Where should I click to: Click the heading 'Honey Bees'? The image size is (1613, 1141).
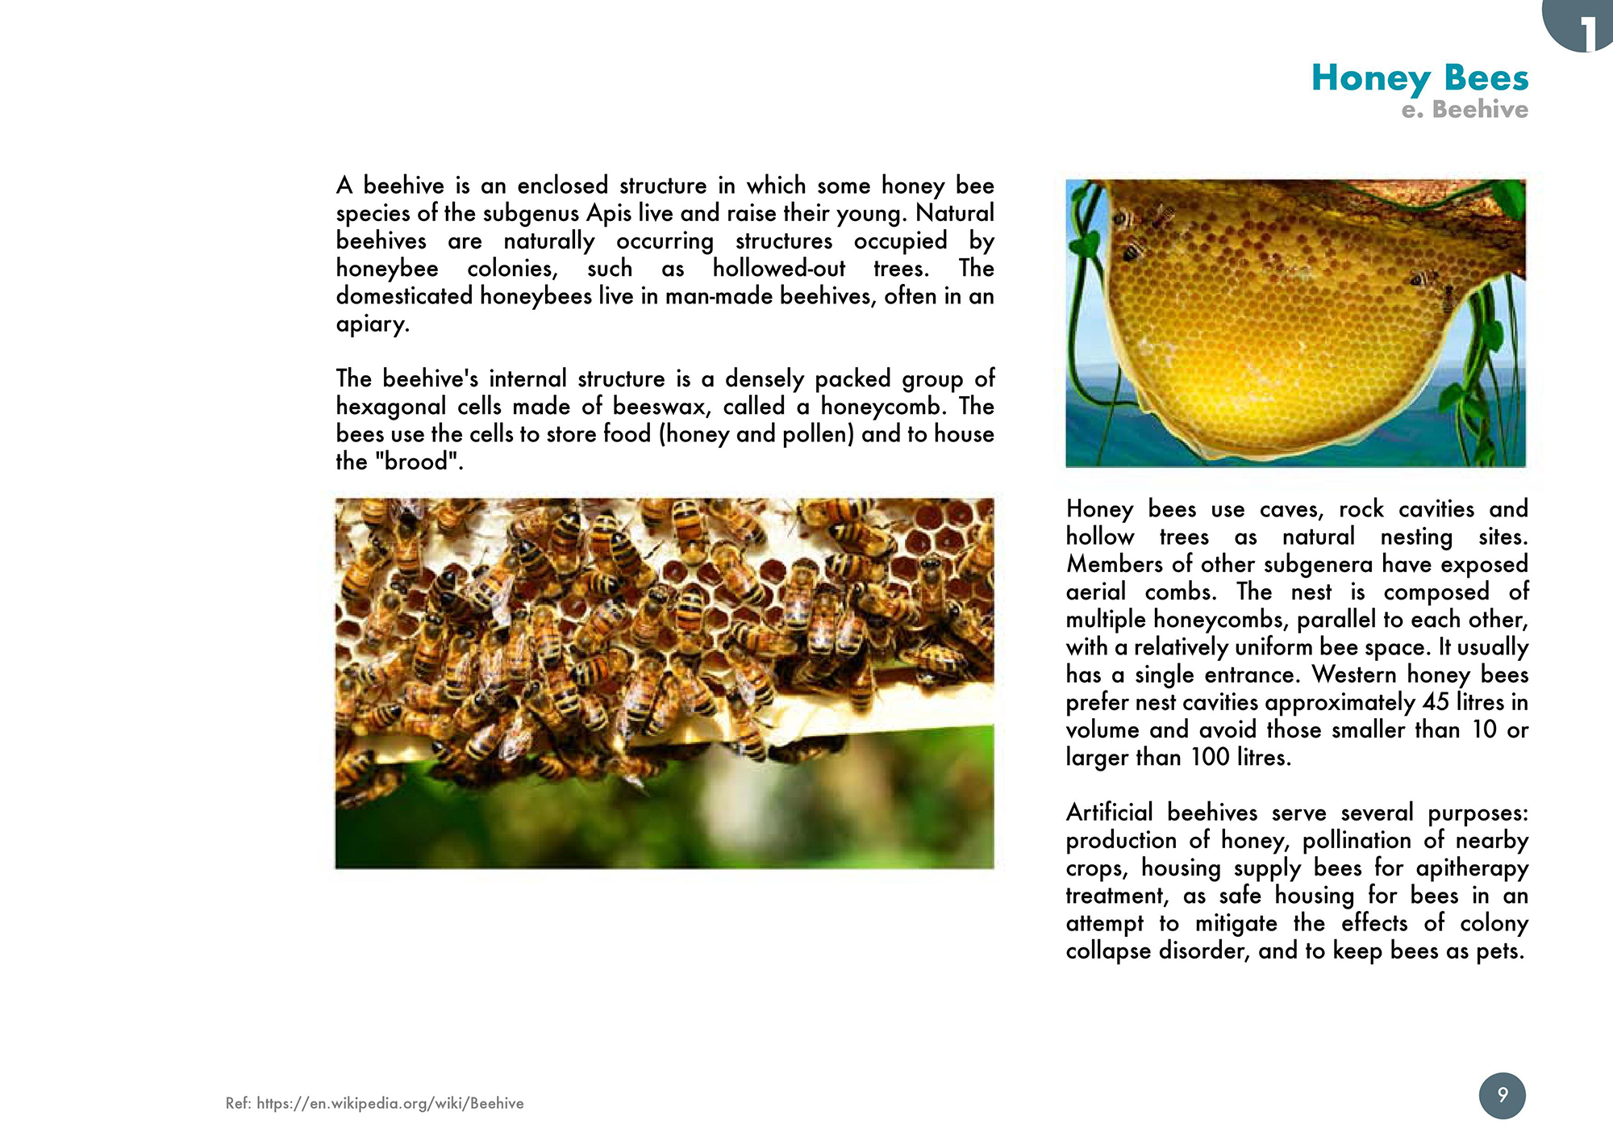1419,78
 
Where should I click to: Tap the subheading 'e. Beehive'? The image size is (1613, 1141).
1465,110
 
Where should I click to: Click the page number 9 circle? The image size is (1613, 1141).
1502,1095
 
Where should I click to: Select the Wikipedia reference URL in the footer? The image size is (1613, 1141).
390,1103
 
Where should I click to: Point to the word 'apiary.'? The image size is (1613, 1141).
373,324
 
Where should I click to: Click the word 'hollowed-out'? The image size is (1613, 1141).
779,269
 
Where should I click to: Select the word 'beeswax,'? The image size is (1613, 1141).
658,407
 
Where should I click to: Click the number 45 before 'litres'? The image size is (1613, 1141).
1436,702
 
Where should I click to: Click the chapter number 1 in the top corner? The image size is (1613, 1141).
1586,32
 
